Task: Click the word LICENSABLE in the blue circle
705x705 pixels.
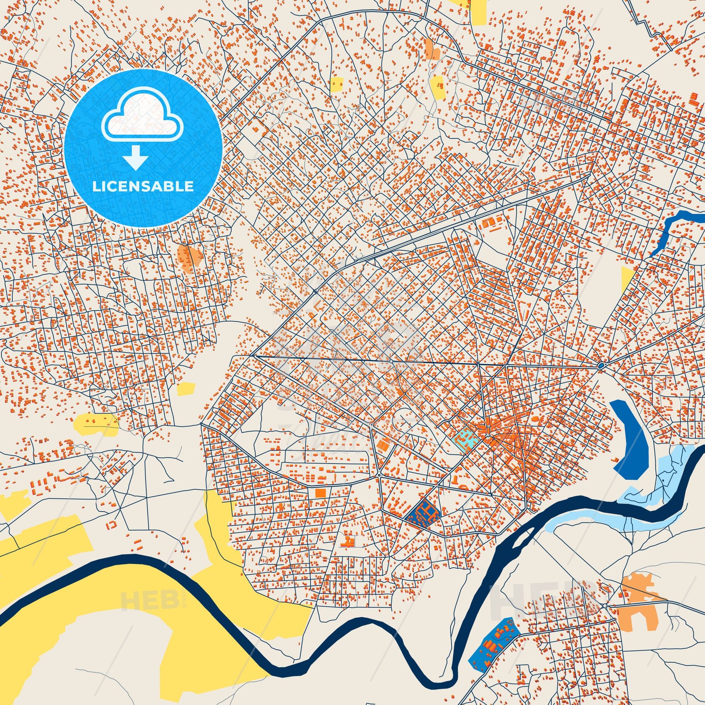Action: click(143, 187)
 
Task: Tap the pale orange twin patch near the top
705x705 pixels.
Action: click(432, 49)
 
